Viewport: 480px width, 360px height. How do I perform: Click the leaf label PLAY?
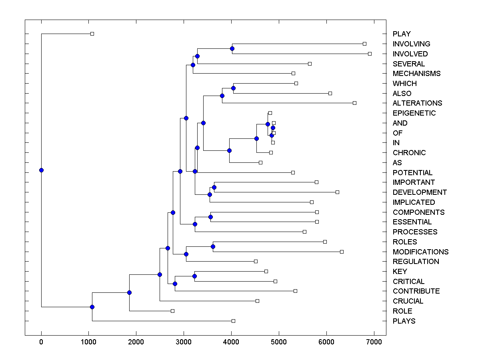click(402, 34)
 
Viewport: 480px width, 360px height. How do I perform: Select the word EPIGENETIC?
click(414, 113)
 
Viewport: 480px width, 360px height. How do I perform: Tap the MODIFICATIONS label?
click(420, 252)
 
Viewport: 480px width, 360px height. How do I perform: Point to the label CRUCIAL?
click(408, 301)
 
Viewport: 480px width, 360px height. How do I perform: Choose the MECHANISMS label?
click(416, 74)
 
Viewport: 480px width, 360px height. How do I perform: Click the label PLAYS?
click(404, 321)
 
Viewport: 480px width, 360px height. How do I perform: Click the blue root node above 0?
click(41, 170)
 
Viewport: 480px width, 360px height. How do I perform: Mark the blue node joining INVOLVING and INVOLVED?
click(232, 48)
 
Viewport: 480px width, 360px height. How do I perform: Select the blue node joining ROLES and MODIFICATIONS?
click(213, 246)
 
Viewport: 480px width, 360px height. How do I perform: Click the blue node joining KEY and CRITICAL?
click(194, 276)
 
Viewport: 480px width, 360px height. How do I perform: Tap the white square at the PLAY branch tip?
click(92, 34)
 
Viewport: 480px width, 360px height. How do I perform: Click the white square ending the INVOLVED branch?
click(370, 54)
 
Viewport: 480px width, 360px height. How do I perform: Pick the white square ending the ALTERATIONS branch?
click(354, 103)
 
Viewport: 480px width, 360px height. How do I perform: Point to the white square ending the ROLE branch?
click(172, 311)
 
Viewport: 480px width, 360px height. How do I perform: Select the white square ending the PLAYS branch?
click(233, 321)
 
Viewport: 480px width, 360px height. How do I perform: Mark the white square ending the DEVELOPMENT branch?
click(337, 192)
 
